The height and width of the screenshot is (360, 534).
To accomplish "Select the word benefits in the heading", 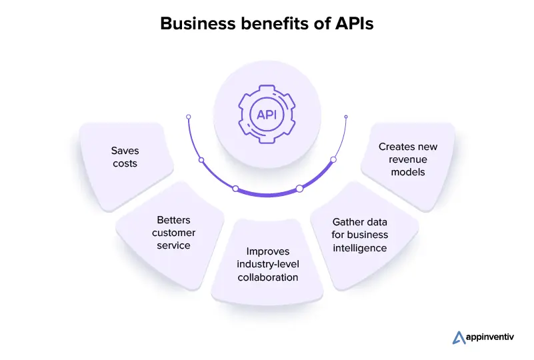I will point(269,24).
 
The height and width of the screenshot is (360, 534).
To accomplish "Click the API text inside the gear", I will point(267,115).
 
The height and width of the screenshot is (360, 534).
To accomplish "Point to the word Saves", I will point(125,151).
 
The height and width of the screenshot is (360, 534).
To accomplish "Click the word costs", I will point(125,163).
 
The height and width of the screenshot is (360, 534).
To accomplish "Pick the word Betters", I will point(173,219).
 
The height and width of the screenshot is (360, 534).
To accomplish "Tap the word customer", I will point(173,232).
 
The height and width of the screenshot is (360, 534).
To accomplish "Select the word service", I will point(173,245).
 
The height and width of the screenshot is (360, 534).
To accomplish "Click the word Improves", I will point(268,251).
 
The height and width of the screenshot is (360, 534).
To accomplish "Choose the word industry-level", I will point(268,264).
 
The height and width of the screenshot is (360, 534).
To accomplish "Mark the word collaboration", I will point(268,277).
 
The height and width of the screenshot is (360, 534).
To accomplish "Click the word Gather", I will point(348,223).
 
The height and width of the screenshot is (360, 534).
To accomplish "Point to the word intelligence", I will point(360,248).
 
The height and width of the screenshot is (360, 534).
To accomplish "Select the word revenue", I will point(408,159).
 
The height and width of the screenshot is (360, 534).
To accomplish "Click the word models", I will point(408,172).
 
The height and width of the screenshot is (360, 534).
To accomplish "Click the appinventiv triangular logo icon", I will point(459,337).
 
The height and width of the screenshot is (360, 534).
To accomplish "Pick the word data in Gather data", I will point(377,223).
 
